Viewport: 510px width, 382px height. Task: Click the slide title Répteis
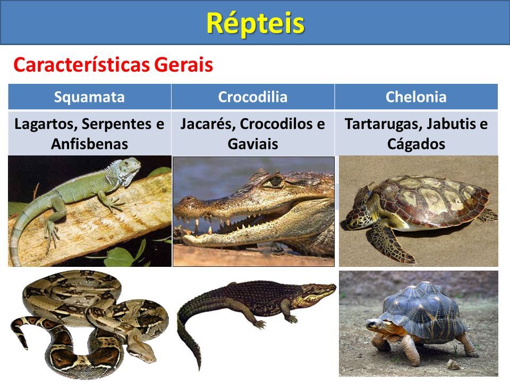[x=256, y=23]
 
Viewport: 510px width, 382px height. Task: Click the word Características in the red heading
[x=82, y=65]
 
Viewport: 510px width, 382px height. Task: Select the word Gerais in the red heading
[x=183, y=65]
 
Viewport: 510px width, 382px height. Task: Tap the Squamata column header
[x=89, y=97]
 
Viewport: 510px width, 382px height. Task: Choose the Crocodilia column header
[x=253, y=97]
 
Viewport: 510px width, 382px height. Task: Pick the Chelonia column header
[x=416, y=97]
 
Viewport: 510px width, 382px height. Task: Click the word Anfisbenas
[x=89, y=144]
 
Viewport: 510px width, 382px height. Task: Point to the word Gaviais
[x=253, y=144]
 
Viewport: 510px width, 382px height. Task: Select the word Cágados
[x=416, y=144]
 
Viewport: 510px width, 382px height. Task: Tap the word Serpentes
[x=116, y=124]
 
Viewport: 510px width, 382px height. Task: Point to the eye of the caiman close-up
[x=275, y=181]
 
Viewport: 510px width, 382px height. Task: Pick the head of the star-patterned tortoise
[x=375, y=324]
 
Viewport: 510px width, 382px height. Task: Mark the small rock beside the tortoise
[x=453, y=364]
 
